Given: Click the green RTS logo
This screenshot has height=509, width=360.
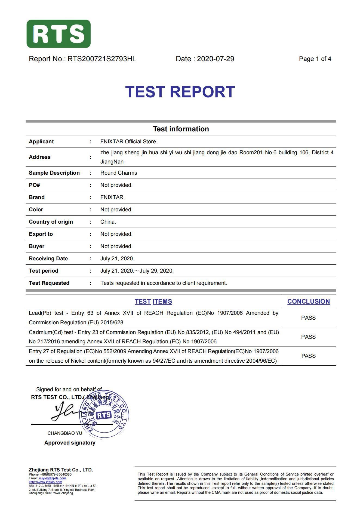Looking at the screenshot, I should tap(59, 34).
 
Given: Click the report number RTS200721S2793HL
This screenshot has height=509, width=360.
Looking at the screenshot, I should tap(102, 59).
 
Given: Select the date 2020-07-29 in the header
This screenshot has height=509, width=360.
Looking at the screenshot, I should tap(215, 59).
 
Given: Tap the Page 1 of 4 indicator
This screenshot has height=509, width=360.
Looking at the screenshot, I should tap(315, 59).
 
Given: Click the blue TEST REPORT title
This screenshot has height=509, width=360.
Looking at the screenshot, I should tap(180, 92).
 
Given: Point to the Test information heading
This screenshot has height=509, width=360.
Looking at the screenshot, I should tap(181, 129).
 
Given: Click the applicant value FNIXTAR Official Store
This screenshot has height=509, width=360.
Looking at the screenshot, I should tap(129, 141).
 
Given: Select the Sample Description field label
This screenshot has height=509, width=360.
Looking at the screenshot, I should tap(54, 173).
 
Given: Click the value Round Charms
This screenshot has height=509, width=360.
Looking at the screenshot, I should tap(119, 173).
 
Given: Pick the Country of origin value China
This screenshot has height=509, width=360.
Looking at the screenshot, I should tap(108, 222).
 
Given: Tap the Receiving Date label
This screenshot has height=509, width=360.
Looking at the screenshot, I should tap(48, 258).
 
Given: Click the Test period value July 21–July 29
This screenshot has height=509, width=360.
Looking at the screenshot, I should tap(137, 271).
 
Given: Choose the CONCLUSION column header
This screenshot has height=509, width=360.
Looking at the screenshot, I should tap(308, 301).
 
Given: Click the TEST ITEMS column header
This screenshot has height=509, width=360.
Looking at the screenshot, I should tap(153, 301).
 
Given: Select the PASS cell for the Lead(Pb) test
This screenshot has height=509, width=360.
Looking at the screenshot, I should tap(308, 318).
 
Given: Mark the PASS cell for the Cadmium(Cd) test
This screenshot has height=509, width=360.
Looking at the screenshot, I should tap(308, 337).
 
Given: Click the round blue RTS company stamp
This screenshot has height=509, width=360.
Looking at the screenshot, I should tap(104, 415).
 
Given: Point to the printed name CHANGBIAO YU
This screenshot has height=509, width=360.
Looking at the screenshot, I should tap(65, 433).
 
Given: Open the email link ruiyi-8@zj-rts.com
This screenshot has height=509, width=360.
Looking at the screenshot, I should tap(53, 478).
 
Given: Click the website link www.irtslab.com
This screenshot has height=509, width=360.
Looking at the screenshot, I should tap(45, 482).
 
